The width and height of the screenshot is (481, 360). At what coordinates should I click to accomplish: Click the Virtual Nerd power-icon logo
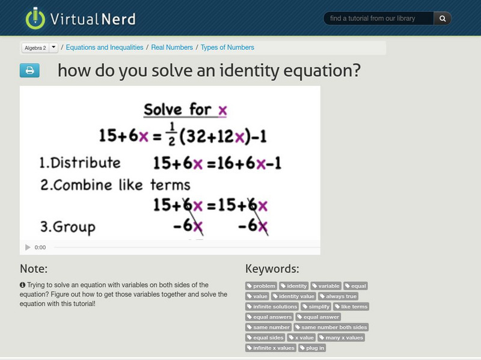pyautogui.click(x=35, y=19)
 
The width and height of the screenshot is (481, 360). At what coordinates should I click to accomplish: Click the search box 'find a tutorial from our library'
pyautogui.click(x=379, y=19)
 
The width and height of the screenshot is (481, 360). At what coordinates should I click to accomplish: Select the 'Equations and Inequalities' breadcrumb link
pyautogui.click(x=105, y=47)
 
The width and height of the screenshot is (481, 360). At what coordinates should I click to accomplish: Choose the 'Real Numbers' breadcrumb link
pyautogui.click(x=172, y=47)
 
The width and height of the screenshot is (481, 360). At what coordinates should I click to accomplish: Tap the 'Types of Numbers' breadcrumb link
pyautogui.click(x=227, y=47)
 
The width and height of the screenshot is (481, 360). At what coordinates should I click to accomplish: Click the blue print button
pyautogui.click(x=29, y=71)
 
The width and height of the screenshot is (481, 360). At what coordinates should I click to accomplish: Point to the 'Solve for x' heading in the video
pyautogui.click(x=185, y=110)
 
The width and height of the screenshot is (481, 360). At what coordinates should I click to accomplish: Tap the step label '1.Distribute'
pyautogui.click(x=80, y=163)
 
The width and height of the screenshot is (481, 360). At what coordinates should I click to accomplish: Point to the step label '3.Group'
pyautogui.click(x=67, y=227)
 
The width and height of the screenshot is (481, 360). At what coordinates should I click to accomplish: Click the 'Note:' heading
pyautogui.click(x=34, y=269)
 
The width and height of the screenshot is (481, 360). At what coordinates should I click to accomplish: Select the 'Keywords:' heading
pyautogui.click(x=272, y=269)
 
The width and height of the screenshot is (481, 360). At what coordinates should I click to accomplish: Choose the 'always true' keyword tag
pyautogui.click(x=339, y=296)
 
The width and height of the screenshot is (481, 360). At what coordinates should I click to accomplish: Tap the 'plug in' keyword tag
pyautogui.click(x=313, y=348)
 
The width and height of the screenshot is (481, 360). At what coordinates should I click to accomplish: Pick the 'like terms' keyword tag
pyautogui.click(x=351, y=307)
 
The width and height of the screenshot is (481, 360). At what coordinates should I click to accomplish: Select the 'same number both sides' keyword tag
pyautogui.click(x=331, y=328)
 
